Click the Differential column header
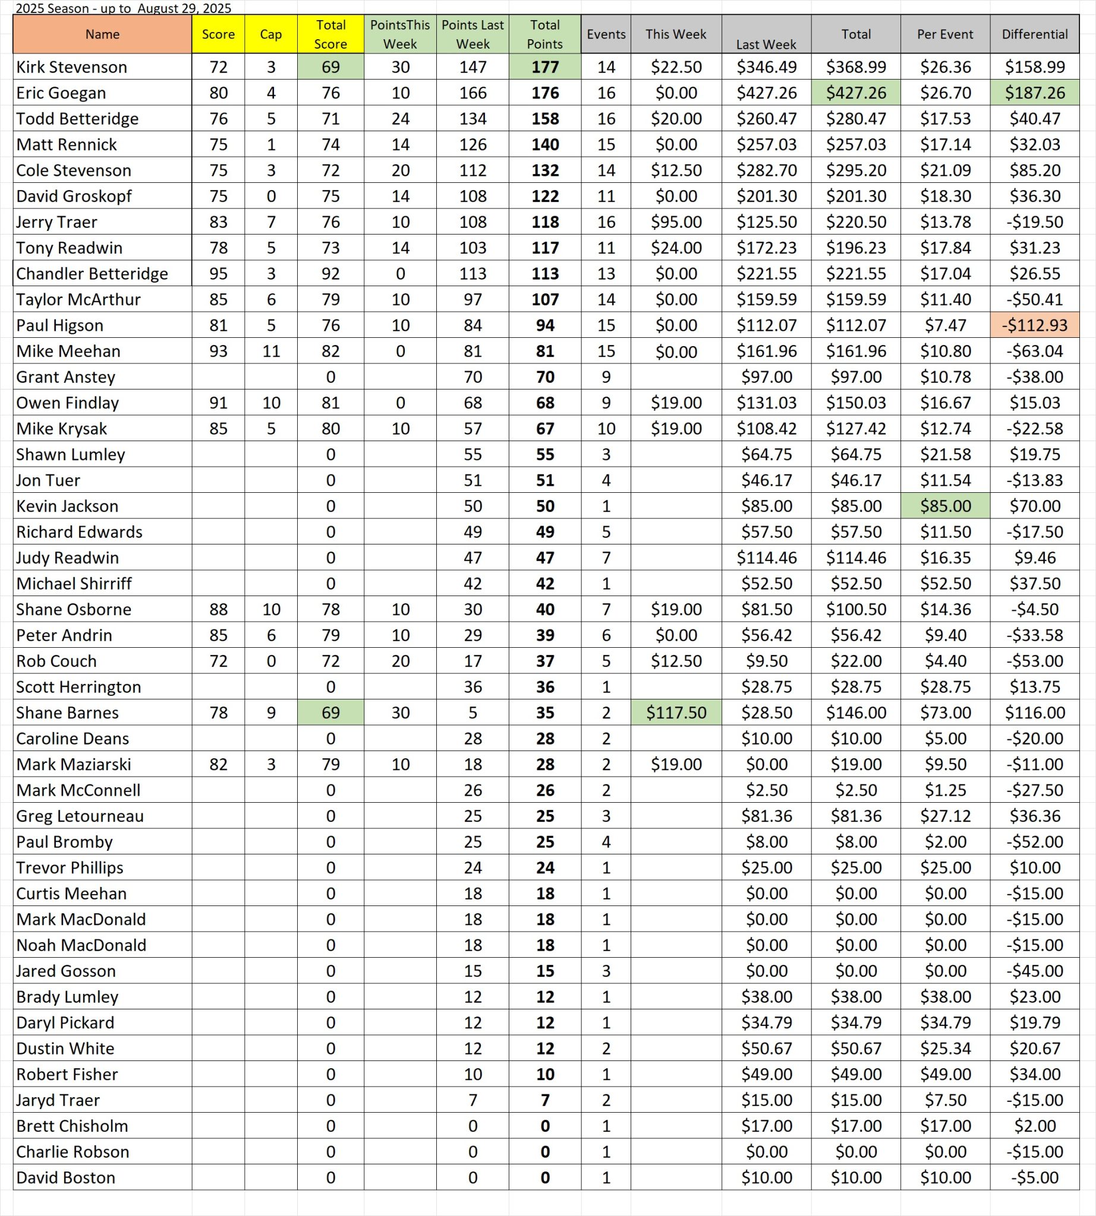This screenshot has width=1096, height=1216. pyautogui.click(x=1034, y=34)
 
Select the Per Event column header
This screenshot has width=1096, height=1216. pyautogui.click(x=945, y=34)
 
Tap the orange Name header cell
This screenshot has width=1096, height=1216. pyautogui.click(x=102, y=34)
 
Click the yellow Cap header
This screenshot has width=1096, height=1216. pyautogui.click(x=271, y=34)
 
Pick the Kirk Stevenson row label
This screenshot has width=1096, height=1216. pyautogui.click(x=72, y=66)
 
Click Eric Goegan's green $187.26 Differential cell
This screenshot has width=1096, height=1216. pyautogui.click(x=1035, y=93)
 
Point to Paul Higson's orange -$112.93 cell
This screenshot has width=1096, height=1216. pyautogui.click(x=1035, y=325)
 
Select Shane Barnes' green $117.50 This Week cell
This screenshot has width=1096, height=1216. pyautogui.click(x=676, y=713)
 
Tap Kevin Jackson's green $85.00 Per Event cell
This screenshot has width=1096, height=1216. pyautogui.click(x=946, y=506)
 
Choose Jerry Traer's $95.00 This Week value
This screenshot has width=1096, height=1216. pyautogui.click(x=676, y=222)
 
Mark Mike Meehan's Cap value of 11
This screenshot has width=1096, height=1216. pyautogui.click(x=271, y=351)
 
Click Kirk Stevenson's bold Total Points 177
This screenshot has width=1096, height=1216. pyautogui.click(x=545, y=66)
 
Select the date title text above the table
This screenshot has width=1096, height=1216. pyautogui.click(x=124, y=8)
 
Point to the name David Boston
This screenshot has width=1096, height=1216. pyautogui.click(x=65, y=1177)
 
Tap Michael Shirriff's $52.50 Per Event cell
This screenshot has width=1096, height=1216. pyautogui.click(x=946, y=584)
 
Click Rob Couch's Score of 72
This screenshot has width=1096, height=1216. pyautogui.click(x=218, y=661)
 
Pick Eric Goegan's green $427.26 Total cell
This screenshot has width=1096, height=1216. pyautogui.click(x=856, y=93)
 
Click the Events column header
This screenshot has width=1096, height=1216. pyautogui.click(x=606, y=34)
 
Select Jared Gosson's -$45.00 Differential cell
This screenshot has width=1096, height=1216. pyautogui.click(x=1035, y=971)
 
